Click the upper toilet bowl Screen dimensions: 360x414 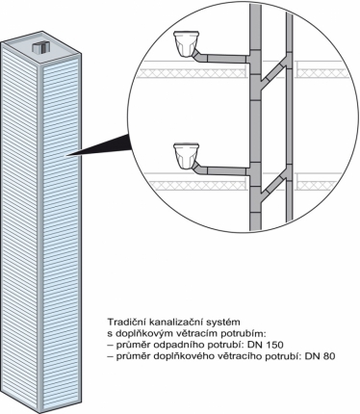(x=186, y=43)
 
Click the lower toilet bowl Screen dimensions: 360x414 (x=186, y=157)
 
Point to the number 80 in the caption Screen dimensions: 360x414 (x=328, y=356)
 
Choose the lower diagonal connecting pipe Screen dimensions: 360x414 (x=273, y=180)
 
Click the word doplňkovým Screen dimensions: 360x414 (x=139, y=333)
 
